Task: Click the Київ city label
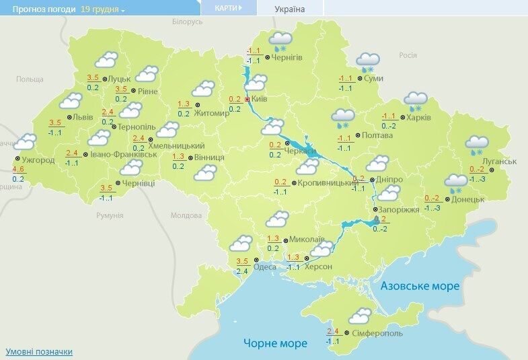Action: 260,99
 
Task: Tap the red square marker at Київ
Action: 248,99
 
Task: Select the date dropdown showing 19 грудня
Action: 103,9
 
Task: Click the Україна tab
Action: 290,9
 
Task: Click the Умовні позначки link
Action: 38,351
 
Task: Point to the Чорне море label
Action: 275,343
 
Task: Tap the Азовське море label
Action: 420,286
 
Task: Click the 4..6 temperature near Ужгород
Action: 18,169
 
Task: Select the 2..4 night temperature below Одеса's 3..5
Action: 243,271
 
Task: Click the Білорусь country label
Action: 187,22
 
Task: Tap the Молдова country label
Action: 186,215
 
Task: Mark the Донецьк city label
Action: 469,199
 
